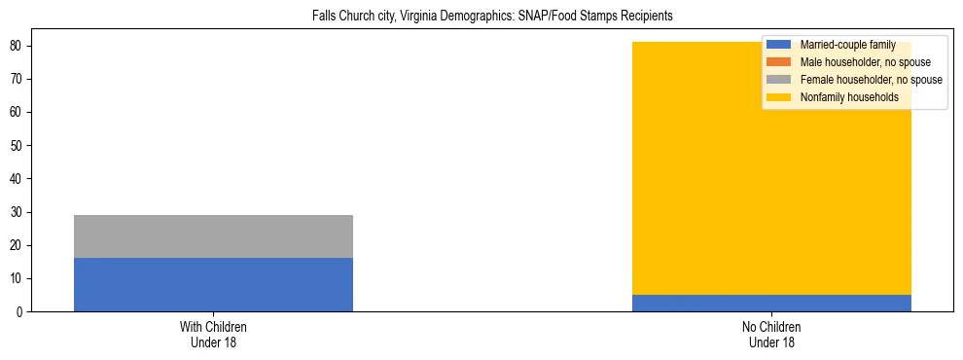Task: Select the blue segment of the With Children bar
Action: click(x=213, y=284)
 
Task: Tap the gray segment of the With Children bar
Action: click(x=213, y=236)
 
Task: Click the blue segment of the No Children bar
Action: click(x=771, y=303)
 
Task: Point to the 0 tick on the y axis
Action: click(x=19, y=312)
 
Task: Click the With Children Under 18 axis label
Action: click(x=213, y=334)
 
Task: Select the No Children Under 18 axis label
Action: click(x=771, y=334)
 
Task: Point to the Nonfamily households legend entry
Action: click(x=849, y=97)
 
